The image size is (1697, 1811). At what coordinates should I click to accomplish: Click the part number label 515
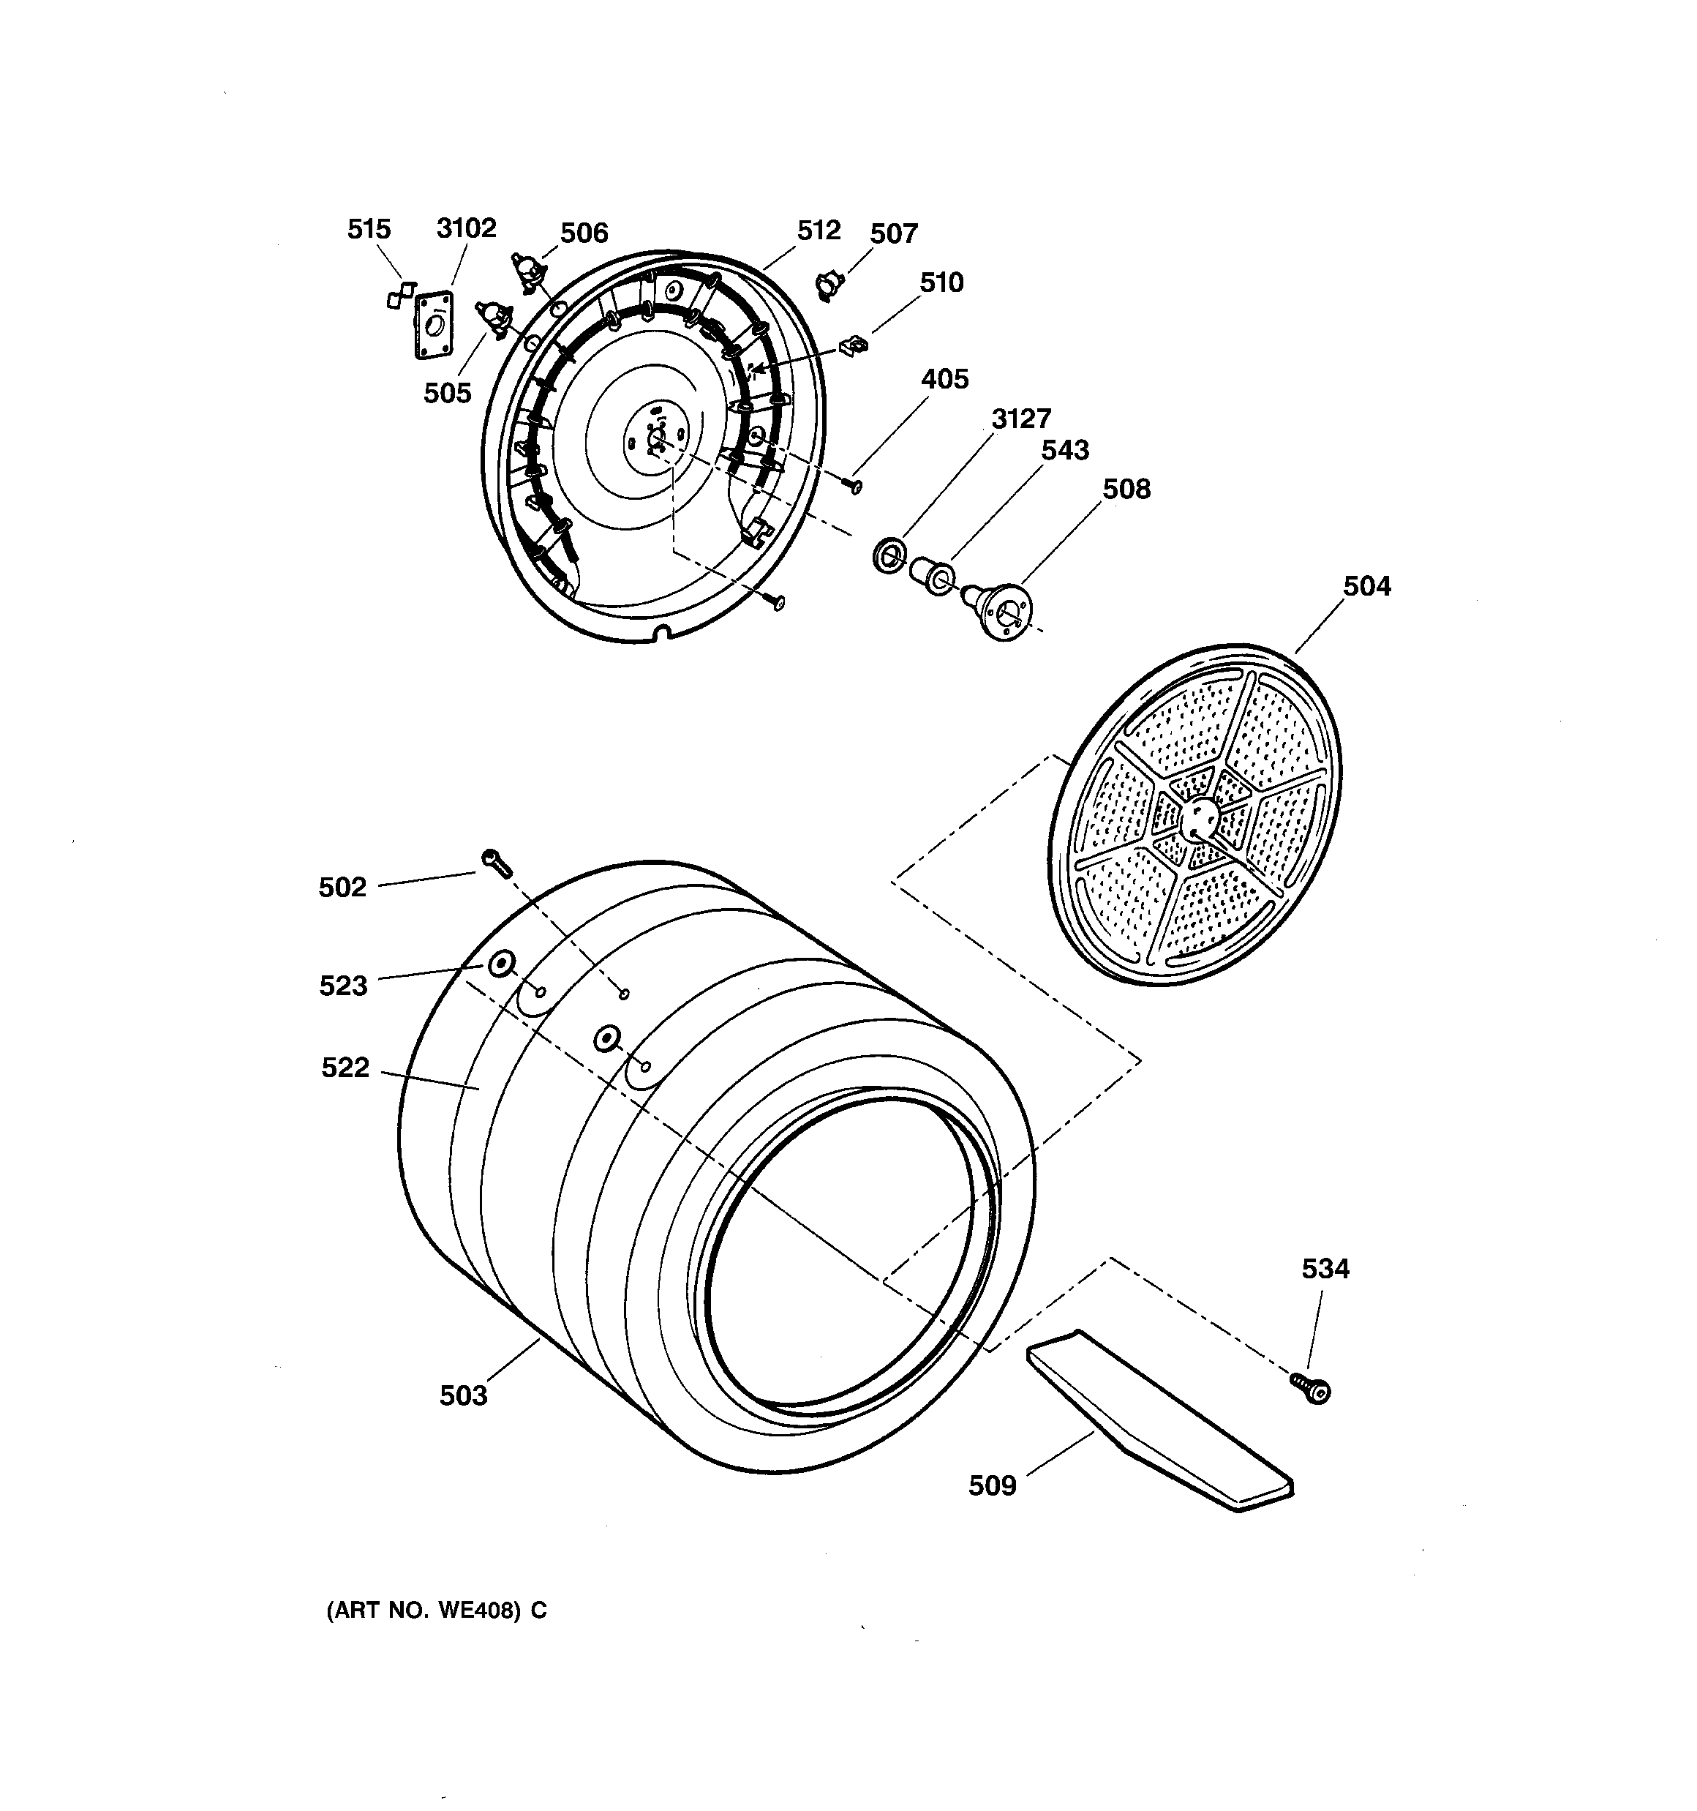click(368, 228)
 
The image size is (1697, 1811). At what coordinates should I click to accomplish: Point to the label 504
click(1366, 586)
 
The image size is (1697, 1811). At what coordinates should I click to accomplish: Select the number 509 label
click(992, 1486)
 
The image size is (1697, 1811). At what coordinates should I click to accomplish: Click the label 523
click(342, 986)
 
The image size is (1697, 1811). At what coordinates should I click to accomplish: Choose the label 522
click(345, 1068)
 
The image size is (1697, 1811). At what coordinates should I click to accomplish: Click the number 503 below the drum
click(464, 1395)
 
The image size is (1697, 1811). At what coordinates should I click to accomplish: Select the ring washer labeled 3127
click(887, 555)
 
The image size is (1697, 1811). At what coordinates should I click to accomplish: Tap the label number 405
click(944, 379)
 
